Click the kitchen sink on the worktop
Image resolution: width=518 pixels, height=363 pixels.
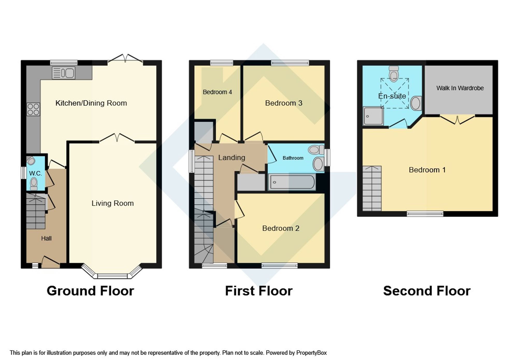63,73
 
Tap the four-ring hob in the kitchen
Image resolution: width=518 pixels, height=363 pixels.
33,109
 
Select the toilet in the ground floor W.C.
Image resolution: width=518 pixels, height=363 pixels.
34,184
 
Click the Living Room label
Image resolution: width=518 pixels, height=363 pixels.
113,203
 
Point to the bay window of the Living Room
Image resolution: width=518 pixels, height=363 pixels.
112,276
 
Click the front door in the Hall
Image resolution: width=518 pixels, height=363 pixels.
51,262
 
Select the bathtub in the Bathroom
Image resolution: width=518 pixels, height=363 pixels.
292,182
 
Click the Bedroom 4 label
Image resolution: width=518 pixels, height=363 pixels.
217,92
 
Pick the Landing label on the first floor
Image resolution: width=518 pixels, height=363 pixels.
232,157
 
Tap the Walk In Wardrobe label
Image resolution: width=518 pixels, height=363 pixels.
460,88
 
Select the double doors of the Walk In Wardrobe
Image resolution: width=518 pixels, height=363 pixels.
457,119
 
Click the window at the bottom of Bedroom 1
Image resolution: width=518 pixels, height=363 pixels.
425,214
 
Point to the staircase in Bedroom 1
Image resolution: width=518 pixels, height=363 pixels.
372,188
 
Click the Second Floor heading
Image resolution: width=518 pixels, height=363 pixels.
427,291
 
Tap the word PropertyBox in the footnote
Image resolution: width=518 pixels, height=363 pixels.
311,353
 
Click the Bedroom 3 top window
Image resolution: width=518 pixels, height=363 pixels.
290,63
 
